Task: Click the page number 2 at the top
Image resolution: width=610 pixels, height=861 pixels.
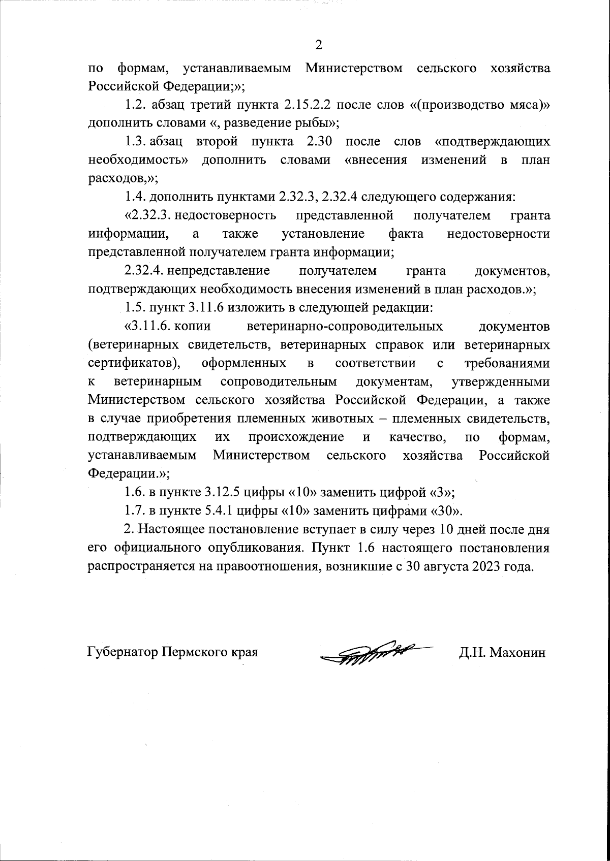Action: click(x=318, y=46)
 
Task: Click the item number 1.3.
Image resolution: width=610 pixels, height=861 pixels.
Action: click(x=136, y=142)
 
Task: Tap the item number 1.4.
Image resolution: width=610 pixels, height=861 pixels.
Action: click(x=136, y=197)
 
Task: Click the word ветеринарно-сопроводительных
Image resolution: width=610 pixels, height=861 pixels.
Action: click(x=344, y=326)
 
